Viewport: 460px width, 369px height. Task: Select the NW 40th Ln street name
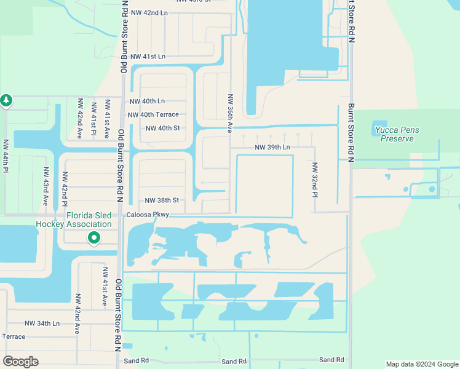pyautogui.click(x=148, y=101)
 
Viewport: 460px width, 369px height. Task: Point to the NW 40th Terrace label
pyautogui.click(x=153, y=114)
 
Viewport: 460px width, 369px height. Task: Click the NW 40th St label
pyautogui.click(x=162, y=128)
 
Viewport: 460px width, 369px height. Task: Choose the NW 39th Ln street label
pyautogui.click(x=272, y=148)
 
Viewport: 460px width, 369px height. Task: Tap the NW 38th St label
pyautogui.click(x=162, y=200)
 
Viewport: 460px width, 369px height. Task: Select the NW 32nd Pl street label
pyautogui.click(x=314, y=180)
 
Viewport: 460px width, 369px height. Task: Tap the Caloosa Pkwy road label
pyautogui.click(x=148, y=215)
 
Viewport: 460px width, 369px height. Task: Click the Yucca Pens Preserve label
pyautogui.click(x=393, y=134)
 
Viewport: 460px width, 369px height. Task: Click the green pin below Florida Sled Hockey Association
pyautogui.click(x=93, y=237)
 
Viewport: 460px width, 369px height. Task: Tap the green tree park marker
pyautogui.click(x=6, y=100)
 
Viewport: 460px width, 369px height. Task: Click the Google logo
pyautogui.click(x=20, y=362)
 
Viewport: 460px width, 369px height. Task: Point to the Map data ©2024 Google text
pyautogui.click(x=422, y=364)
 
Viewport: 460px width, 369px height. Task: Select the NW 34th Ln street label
pyautogui.click(x=42, y=323)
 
